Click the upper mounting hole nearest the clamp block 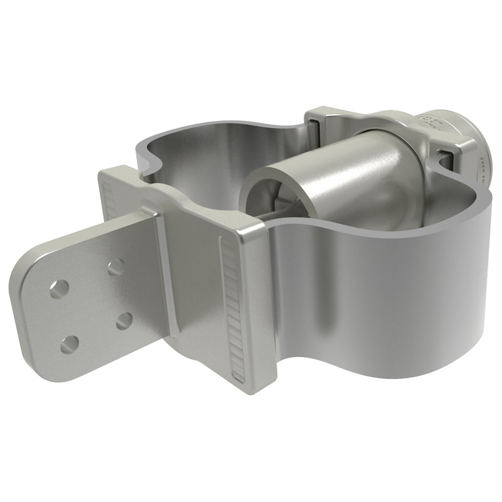point(114,269)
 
